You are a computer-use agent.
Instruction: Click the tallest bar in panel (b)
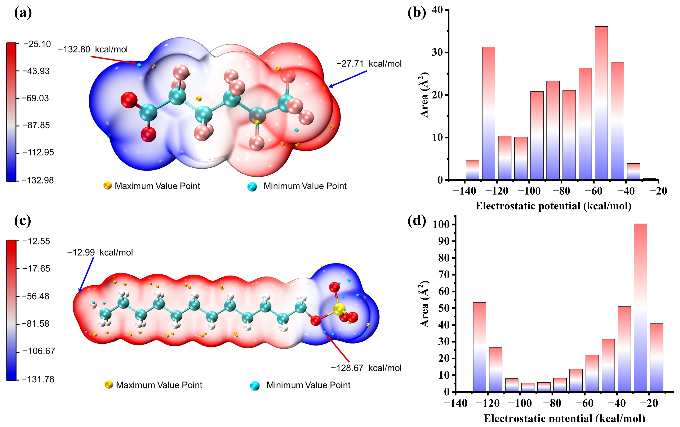pos(601,103)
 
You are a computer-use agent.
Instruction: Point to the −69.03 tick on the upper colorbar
pos(36,98)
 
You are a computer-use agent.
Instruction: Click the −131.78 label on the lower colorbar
pos(38,379)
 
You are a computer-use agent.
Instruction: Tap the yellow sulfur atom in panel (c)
pos(339,309)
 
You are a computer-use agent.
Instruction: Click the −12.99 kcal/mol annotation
pos(100,252)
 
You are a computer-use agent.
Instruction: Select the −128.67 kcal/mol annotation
pos(366,368)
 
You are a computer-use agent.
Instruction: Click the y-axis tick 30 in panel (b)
pos(437,53)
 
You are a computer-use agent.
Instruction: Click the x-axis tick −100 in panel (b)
pos(529,191)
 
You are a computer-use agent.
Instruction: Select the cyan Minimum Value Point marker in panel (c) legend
pos(255,386)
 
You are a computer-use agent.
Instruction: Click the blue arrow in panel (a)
pos(347,79)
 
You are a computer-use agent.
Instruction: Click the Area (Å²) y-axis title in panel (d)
pos(424,304)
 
